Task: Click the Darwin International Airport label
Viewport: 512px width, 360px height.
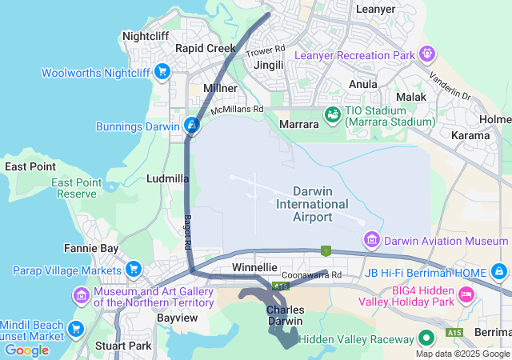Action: coord(312,204)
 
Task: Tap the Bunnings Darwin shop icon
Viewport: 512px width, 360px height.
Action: coord(192,126)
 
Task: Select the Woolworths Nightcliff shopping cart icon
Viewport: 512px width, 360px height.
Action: coord(162,72)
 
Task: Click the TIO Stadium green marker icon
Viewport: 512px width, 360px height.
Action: coord(331,115)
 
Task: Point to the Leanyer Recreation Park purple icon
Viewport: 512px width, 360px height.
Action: coord(428,54)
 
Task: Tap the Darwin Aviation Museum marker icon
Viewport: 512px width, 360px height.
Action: coord(371,240)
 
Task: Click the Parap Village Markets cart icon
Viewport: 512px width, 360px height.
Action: coord(134,268)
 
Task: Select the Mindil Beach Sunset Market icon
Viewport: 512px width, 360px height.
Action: coord(76,329)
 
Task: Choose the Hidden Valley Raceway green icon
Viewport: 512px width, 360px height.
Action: coord(427,339)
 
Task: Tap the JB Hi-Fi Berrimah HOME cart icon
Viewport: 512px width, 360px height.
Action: coord(500,272)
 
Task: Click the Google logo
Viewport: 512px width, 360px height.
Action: coord(26,350)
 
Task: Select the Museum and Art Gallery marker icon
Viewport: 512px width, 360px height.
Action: coord(81,296)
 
